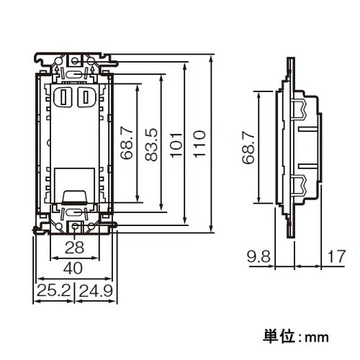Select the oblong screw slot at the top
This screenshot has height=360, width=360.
74,74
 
